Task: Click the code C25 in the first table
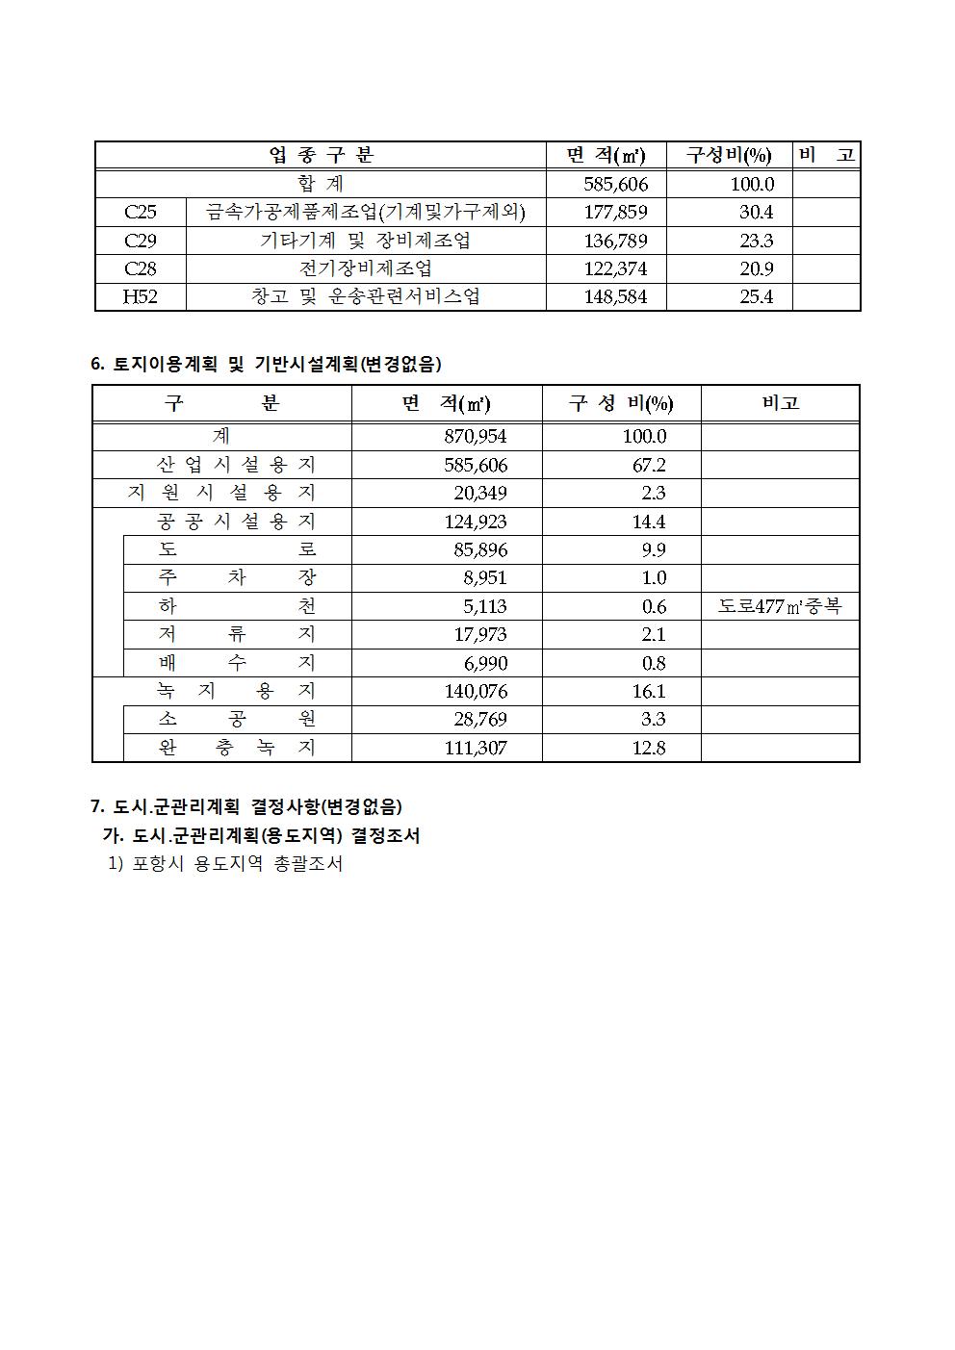141,212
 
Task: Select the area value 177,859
615,212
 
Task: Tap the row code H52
141,296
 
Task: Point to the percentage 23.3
756,241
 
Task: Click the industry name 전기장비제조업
366,268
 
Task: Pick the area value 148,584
615,296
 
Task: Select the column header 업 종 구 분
322,155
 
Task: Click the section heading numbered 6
266,364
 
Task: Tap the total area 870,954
475,436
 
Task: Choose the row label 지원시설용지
221,493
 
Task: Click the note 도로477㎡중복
779,606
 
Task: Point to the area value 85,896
479,549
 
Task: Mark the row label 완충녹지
237,748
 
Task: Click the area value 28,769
479,719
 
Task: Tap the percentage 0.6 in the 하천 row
654,606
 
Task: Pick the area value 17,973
479,634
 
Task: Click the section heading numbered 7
246,806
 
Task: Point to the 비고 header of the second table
780,403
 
